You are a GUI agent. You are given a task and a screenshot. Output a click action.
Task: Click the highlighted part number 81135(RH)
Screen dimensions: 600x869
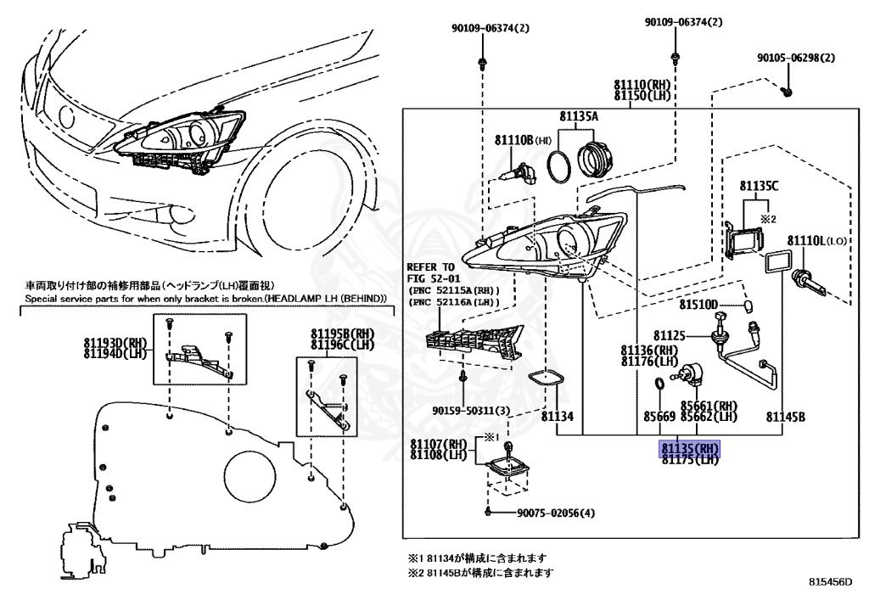(x=690, y=448)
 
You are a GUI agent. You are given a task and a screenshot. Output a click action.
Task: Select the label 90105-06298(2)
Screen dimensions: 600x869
(x=796, y=59)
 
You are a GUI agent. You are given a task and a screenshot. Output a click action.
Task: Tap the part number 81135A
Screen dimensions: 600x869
(x=579, y=116)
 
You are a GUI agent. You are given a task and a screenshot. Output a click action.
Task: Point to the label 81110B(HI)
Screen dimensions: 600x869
(x=524, y=140)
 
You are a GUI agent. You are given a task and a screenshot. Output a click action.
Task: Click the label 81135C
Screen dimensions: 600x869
(x=758, y=186)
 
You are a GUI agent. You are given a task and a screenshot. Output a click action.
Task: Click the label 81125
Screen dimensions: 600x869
(x=669, y=337)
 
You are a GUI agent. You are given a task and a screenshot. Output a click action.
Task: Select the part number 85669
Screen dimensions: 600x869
(x=659, y=417)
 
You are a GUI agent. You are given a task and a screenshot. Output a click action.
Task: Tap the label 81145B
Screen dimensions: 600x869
(x=785, y=417)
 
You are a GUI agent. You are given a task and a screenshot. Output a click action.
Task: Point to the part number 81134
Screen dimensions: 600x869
(x=558, y=417)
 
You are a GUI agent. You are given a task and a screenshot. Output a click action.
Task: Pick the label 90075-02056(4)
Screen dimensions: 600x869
(x=556, y=513)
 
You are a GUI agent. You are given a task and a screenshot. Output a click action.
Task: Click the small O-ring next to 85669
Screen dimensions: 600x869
(x=659, y=388)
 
